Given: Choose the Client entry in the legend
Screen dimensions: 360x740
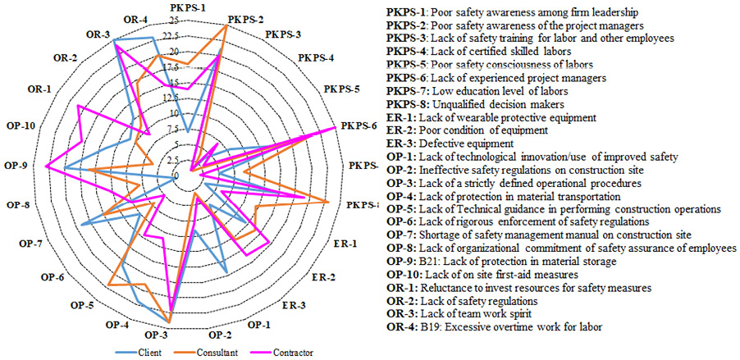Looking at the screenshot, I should [150, 353].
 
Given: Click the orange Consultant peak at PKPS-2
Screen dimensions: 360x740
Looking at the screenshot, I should [226, 25].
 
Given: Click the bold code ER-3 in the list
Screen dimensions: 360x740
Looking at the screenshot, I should [400, 143].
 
